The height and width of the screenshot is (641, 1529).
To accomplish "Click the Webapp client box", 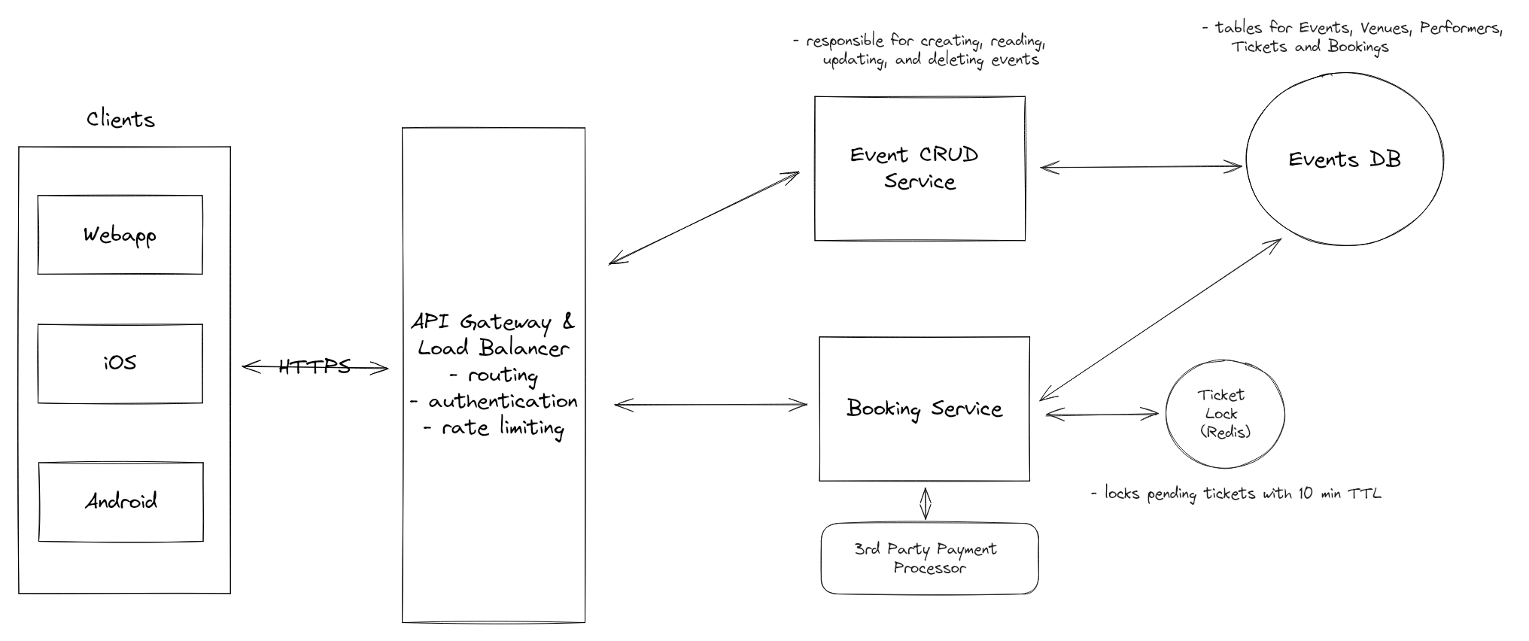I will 120,235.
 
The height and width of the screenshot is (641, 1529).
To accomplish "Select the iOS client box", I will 120,363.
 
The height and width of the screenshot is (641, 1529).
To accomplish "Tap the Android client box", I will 120,501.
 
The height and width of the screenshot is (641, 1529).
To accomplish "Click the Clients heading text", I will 120,120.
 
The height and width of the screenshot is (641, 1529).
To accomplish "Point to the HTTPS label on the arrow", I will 315,366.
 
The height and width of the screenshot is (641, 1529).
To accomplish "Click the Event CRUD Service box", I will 919,169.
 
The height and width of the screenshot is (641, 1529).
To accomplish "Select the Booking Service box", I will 924,409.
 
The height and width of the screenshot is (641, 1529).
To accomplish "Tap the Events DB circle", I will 1344,159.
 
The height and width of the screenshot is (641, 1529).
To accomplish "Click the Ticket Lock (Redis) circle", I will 1224,414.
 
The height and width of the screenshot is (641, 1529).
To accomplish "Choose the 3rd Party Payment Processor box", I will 929,558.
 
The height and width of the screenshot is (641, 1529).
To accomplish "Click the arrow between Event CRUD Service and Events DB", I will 1141,167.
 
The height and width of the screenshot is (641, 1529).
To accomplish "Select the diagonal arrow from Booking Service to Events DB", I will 1160,320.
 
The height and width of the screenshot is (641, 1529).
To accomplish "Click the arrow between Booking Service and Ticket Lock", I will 1102,413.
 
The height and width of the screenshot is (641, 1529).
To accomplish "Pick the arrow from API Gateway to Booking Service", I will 710,406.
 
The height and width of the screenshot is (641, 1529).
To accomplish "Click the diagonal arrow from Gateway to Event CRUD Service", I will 704,218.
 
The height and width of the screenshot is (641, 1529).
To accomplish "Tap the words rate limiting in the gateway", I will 502,428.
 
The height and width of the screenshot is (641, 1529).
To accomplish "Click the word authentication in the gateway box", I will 503,402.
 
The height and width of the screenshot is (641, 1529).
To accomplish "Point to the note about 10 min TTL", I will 1236,494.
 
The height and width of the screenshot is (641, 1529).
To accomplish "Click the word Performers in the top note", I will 1460,29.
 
